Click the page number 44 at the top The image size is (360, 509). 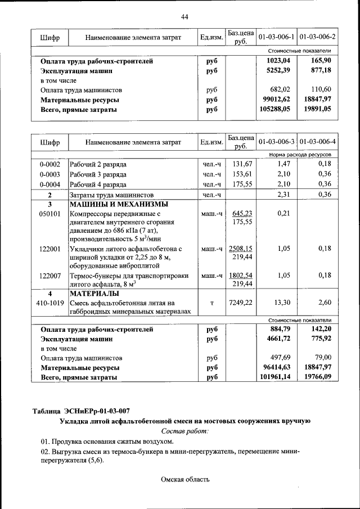pyautogui.click(x=184, y=16)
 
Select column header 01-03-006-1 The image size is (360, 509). pyautogui.click(x=276, y=37)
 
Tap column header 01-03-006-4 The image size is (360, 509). pyautogui.click(x=318, y=142)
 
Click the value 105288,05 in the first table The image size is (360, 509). pyautogui.click(x=275, y=109)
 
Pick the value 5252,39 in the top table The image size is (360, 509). pyautogui.click(x=277, y=71)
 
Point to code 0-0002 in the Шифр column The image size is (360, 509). pyautogui.click(x=49, y=164)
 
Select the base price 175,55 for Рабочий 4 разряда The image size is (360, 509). pyautogui.click(x=240, y=184)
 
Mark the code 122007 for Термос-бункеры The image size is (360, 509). pyautogui.click(x=49, y=276)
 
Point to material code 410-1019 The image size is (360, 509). pyautogui.click(x=49, y=303)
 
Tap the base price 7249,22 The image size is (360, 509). pyautogui.click(x=240, y=303)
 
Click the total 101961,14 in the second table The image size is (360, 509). pyautogui.click(x=275, y=377)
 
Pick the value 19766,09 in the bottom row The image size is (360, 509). pyautogui.click(x=318, y=377)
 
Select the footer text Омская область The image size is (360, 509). pyautogui.click(x=185, y=480)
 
